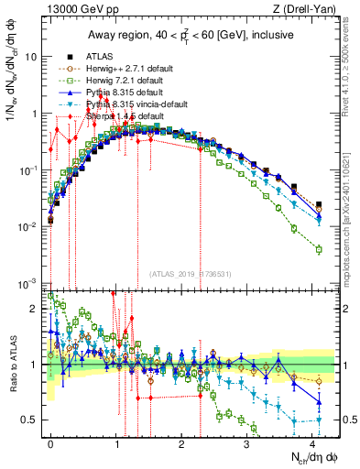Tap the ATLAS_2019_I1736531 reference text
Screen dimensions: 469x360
point(189,272)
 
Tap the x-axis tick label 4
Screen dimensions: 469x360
point(312,442)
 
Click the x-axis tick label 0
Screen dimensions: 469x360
point(50,442)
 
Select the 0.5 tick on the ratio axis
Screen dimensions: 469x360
point(34,420)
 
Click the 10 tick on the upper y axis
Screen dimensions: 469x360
point(34,56)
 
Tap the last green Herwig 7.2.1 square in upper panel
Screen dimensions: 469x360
point(318,249)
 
